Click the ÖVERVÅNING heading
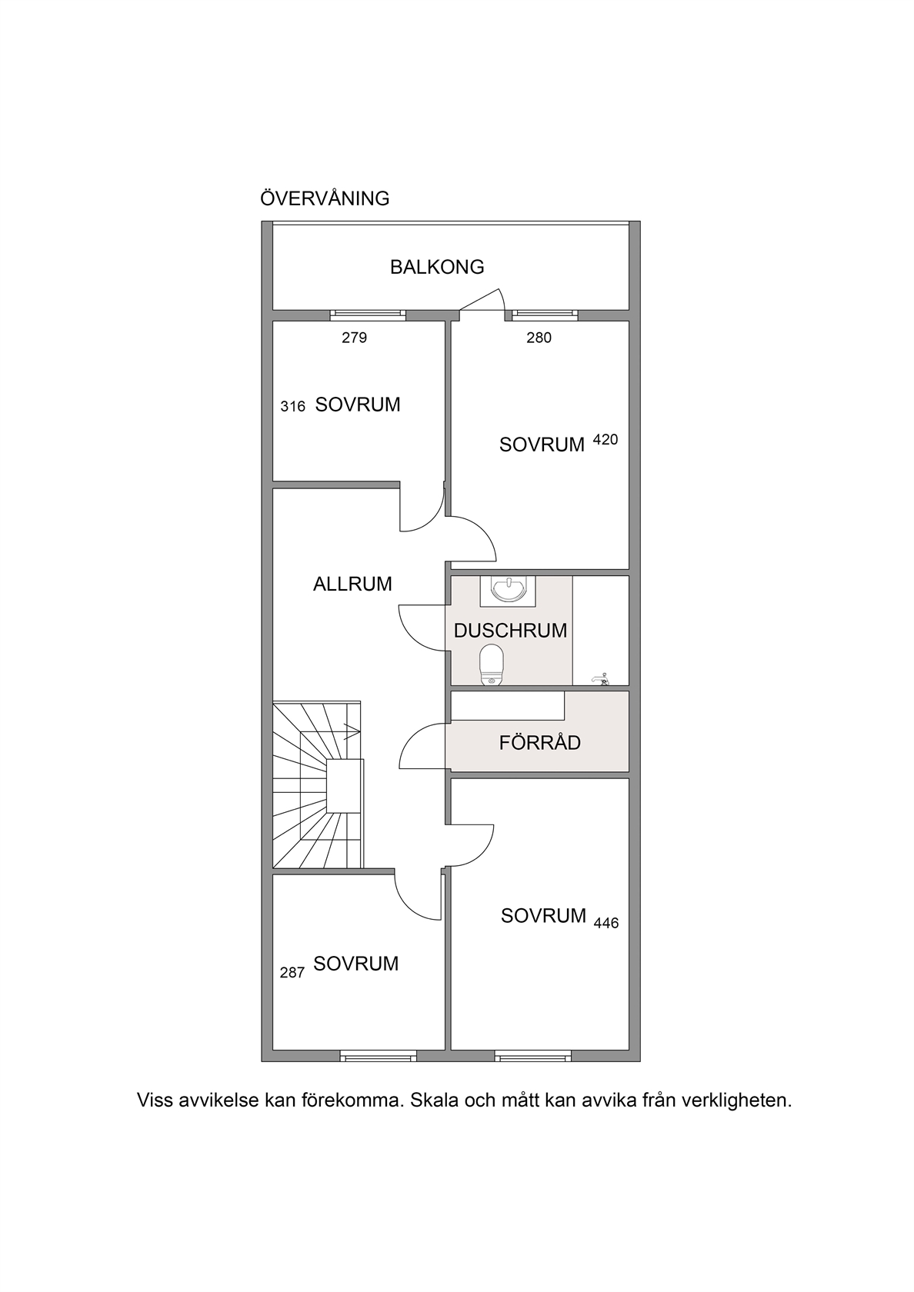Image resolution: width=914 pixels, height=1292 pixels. pos(325,198)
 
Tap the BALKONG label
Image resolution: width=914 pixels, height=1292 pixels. pos(437,267)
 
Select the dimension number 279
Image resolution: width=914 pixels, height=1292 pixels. pos(354,338)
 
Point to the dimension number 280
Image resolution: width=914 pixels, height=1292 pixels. pos(539,338)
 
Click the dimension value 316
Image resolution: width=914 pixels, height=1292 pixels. pos(292,407)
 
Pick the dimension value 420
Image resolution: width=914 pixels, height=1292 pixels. pos(605,440)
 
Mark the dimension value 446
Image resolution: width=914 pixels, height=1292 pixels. pos(606,924)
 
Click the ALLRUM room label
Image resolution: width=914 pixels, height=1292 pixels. pos(352,584)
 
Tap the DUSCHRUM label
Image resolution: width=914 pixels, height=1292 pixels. pos(511,631)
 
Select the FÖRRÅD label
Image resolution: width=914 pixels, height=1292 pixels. pos(539,742)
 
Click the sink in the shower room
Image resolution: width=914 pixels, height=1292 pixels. pos(508,590)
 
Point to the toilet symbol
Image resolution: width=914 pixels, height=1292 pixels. pos(492,665)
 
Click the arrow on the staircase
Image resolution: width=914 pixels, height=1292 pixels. pos(352,731)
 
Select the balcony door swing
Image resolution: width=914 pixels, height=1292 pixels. pos(482,300)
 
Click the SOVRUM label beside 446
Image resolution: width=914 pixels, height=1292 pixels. pos(543,915)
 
